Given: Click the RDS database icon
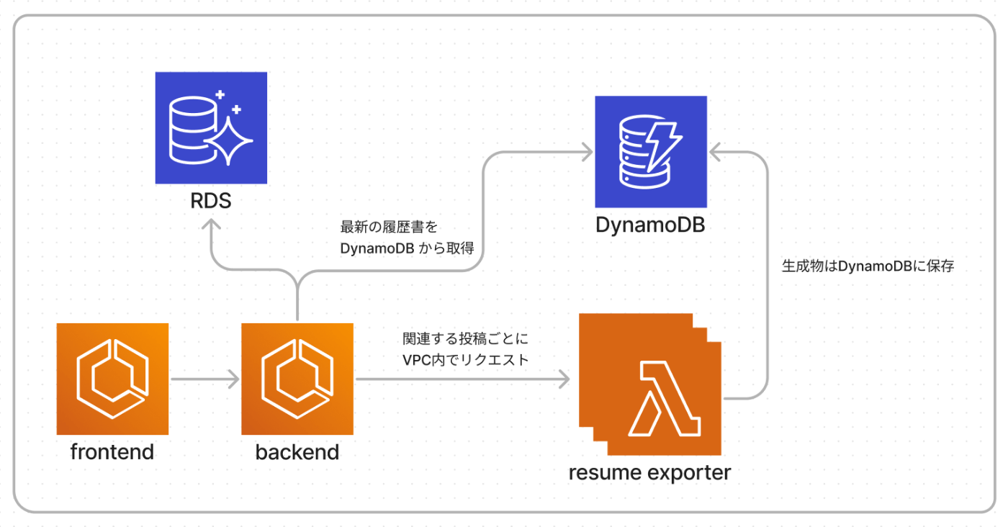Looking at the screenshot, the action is coord(211,128).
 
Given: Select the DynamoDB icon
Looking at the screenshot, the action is coord(651,152).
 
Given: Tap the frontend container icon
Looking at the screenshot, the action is coord(112,379).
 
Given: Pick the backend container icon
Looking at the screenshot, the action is coord(297,379).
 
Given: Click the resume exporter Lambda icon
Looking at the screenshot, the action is coord(650,384).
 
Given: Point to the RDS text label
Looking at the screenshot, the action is coord(210,201).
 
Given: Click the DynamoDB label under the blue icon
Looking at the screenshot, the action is coord(650,225).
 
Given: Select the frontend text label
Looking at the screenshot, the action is coord(112,452).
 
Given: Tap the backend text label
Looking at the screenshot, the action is coord(297,452).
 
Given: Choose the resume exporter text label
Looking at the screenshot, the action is coord(649,472).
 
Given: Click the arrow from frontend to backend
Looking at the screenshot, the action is coord(204,379).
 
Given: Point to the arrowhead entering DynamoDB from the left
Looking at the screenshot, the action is coord(587,152).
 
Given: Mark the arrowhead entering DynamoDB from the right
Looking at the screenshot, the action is coord(715,152).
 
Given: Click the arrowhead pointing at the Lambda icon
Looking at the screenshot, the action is coord(564,379).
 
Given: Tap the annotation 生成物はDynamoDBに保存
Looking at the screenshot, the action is coord(868,266).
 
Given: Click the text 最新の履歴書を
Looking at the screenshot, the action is coord(389,227).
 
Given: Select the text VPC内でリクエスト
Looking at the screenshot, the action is coord(465,360).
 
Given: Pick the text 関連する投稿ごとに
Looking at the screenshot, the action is coord(465,338).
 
